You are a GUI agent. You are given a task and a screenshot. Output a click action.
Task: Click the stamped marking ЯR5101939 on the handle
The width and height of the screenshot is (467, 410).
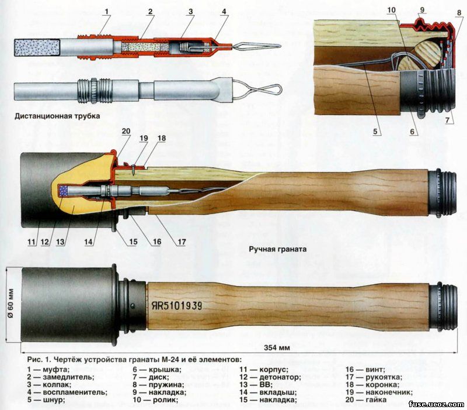click(x=177, y=305)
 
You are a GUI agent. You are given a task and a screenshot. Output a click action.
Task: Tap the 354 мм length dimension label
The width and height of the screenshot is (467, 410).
click(x=277, y=347)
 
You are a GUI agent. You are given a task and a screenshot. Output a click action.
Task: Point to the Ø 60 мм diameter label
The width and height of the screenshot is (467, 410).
click(x=11, y=303)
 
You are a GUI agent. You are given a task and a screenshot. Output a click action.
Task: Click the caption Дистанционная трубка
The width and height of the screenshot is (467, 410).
click(x=57, y=116)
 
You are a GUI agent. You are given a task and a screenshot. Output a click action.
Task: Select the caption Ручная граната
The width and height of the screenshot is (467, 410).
click(x=278, y=249)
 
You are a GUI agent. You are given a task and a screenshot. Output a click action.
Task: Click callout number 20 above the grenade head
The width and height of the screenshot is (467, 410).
click(x=126, y=130)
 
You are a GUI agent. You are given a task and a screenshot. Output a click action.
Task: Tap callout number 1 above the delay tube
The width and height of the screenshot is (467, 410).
click(x=106, y=12)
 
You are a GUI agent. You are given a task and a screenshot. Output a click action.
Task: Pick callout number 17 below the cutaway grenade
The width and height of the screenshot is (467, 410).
click(x=182, y=242)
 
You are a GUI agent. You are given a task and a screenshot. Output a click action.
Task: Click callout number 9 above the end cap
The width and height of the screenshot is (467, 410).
click(x=421, y=10)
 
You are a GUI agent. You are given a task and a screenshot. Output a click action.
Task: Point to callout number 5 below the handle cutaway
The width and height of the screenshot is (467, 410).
click(x=375, y=130)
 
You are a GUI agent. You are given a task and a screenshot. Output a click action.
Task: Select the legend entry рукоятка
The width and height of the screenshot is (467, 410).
click(x=384, y=378)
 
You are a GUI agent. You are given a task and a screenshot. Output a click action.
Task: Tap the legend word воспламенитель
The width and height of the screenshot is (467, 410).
click(x=75, y=392)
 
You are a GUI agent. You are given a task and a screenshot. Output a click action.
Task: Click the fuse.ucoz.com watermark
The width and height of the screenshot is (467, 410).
click(x=436, y=404)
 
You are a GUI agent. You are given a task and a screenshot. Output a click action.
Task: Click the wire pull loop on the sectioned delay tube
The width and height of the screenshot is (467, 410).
click(x=257, y=46)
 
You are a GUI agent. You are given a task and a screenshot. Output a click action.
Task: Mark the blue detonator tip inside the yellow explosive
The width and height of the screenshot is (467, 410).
click(x=64, y=191)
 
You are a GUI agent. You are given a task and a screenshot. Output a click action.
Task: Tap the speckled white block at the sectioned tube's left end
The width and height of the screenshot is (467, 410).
click(x=37, y=47)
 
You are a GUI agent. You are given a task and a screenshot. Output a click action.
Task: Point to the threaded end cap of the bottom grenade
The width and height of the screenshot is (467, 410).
click(x=443, y=306)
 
